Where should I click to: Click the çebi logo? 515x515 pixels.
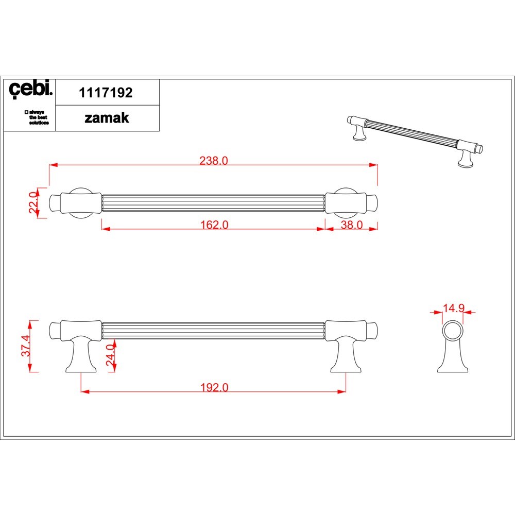[30, 89]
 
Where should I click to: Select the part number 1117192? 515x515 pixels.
[106, 93]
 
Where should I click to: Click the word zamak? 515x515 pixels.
[107, 118]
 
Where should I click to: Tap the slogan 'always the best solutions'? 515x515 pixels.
[37, 117]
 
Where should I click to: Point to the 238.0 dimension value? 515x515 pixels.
[214, 160]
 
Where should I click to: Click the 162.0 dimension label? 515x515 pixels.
[214, 225]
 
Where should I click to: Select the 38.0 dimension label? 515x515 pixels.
[351, 225]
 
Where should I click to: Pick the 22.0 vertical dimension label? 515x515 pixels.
[34, 202]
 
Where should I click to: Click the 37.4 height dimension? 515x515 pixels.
[26, 346]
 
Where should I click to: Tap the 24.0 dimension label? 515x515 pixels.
[110, 355]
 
